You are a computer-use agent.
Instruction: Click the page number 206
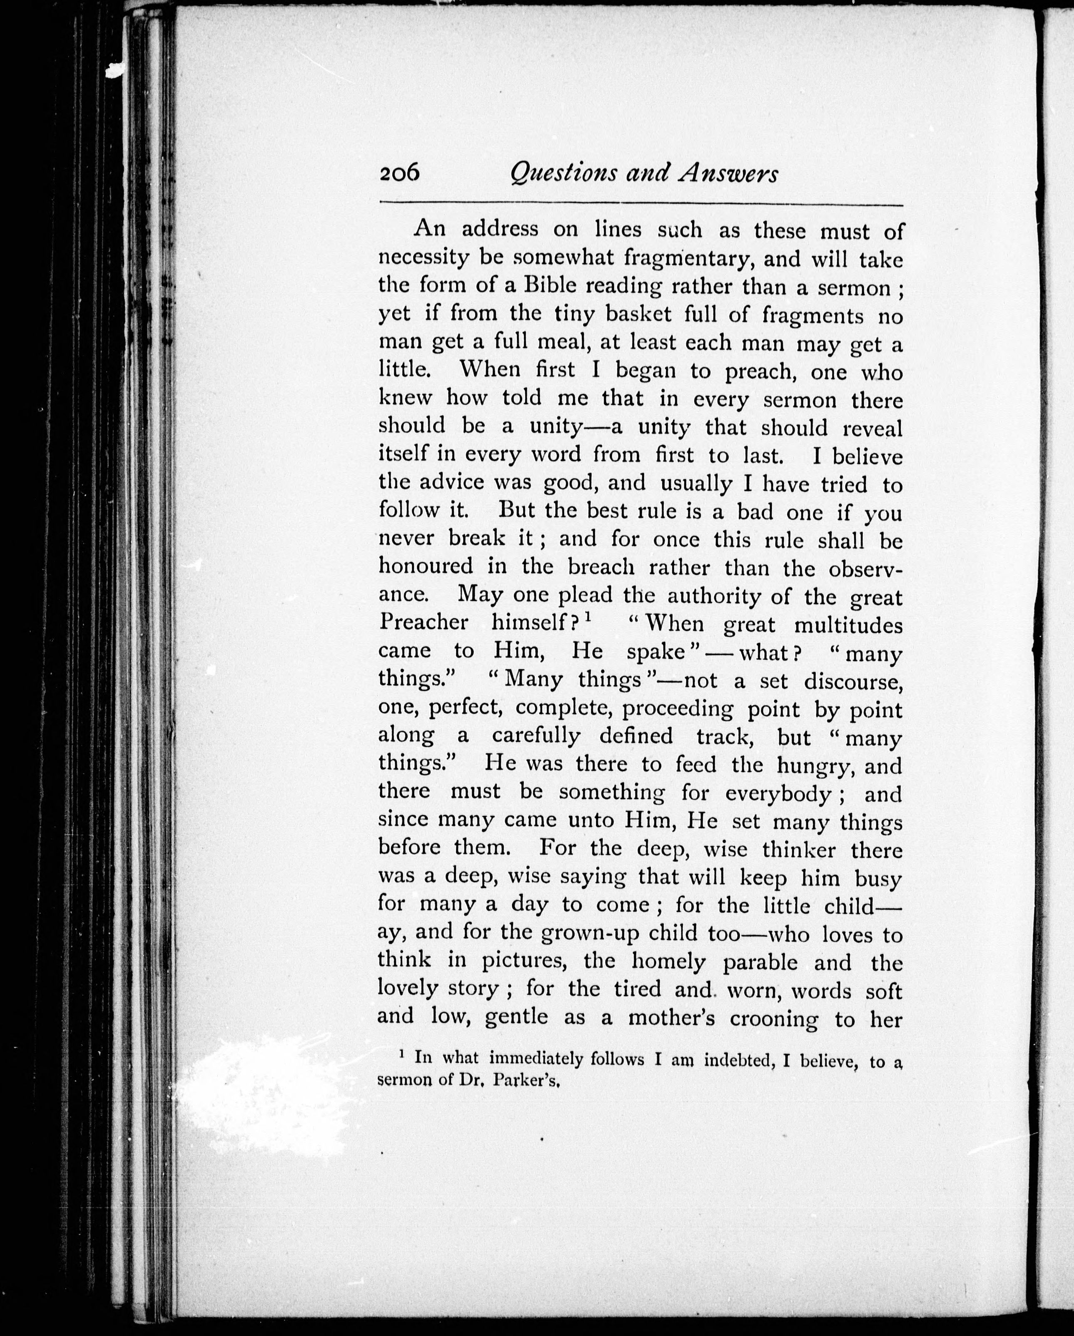coord(400,173)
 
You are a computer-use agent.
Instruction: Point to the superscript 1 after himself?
coord(588,618)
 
